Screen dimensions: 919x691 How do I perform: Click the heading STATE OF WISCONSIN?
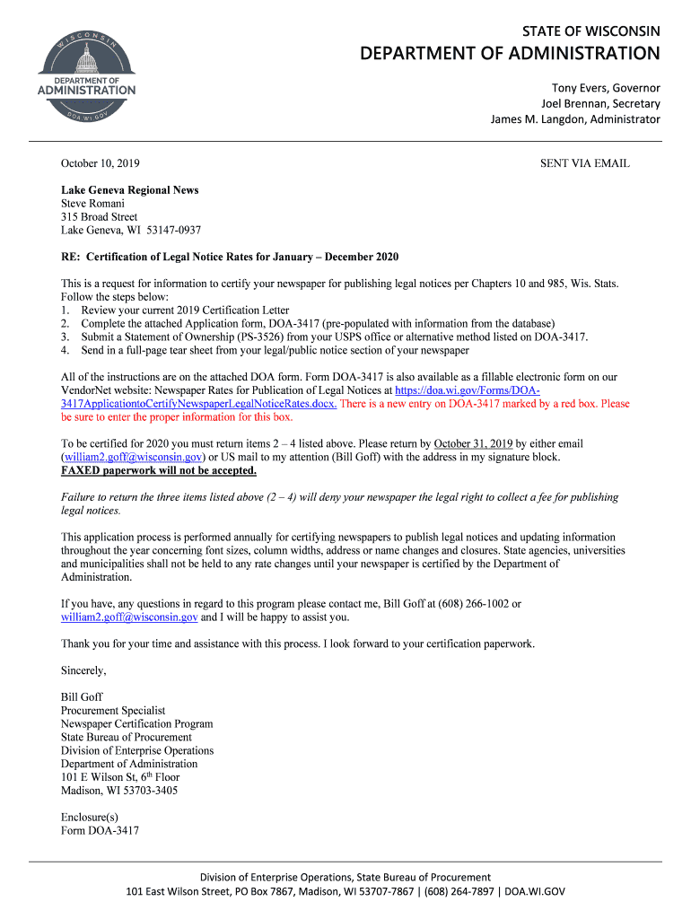pos(590,31)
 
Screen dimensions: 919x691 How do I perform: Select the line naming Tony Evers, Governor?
pos(605,88)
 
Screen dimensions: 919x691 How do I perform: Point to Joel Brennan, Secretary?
pos(599,104)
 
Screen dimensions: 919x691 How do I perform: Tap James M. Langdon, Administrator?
pos(574,120)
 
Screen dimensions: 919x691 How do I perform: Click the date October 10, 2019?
pos(100,164)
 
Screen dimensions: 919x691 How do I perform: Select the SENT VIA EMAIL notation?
pos(584,164)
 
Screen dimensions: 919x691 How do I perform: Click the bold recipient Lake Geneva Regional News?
pos(129,190)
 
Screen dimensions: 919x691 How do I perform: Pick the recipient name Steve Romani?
pos(92,204)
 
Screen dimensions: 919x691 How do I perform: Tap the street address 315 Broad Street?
pos(99,217)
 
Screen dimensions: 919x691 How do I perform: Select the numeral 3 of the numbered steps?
pos(65,337)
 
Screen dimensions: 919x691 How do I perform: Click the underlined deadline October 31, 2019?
pos(473,444)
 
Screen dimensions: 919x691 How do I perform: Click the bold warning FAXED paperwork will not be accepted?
pos(158,471)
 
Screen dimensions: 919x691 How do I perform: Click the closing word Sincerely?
pos(83,671)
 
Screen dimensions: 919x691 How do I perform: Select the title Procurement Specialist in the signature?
pos(113,711)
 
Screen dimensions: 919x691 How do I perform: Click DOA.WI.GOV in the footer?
pos(535,892)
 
